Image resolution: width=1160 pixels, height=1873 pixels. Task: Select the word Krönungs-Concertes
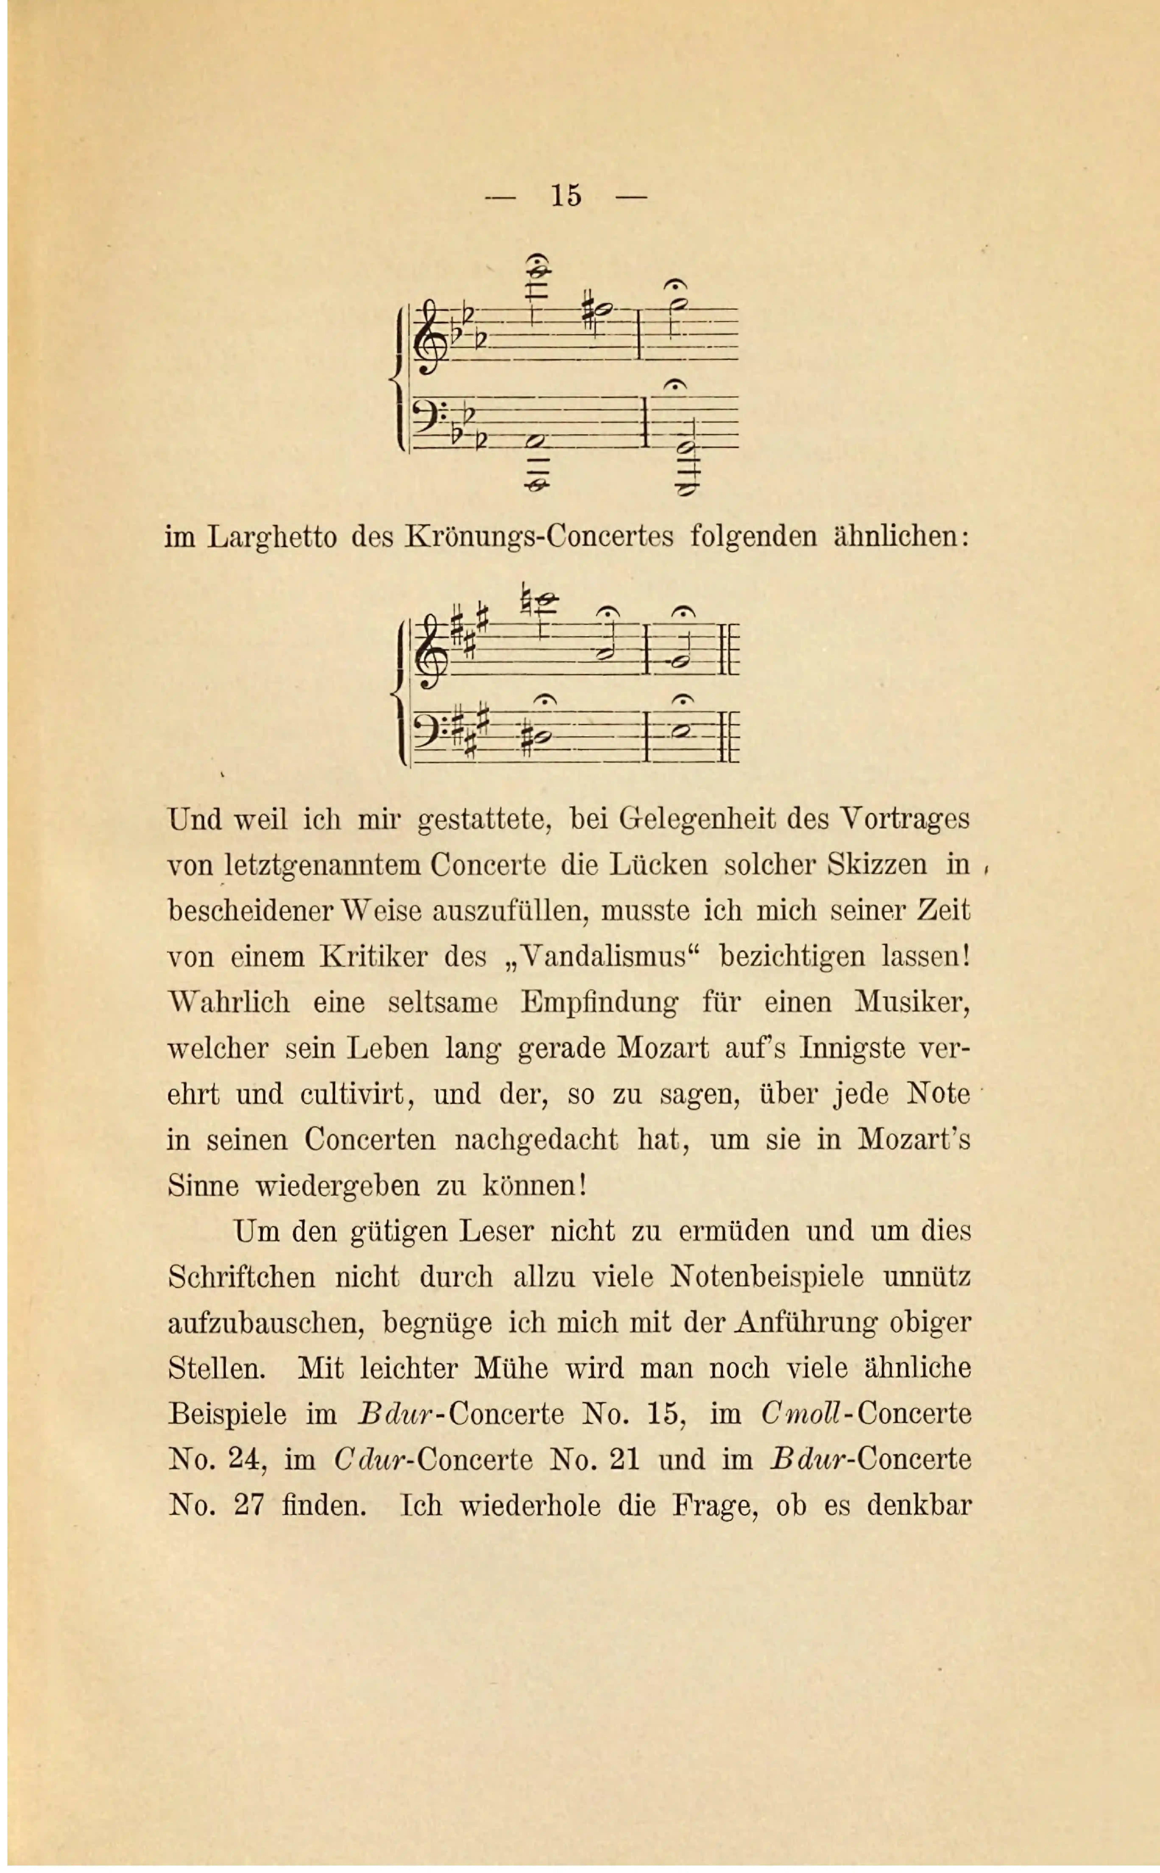(539, 537)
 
